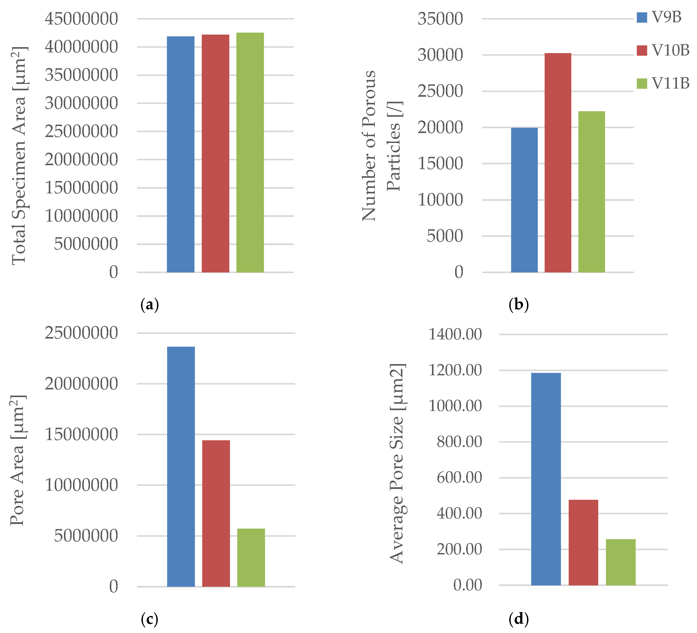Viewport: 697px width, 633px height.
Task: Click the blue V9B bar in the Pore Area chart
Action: click(x=181, y=466)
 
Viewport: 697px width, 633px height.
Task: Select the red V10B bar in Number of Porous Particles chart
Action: click(x=558, y=163)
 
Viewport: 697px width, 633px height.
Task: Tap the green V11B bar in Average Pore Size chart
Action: click(x=620, y=562)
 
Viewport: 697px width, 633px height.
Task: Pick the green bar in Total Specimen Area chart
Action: click(x=250, y=152)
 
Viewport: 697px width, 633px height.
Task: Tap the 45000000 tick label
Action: click(x=81, y=19)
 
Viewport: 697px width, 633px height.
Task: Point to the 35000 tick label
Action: click(x=440, y=19)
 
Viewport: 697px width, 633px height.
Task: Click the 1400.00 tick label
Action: click(x=455, y=334)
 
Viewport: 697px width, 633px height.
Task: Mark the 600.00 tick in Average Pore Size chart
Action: click(x=459, y=478)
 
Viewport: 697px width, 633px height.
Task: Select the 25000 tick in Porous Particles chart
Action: click(x=440, y=91)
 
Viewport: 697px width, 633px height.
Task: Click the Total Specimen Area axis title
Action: click(x=19, y=155)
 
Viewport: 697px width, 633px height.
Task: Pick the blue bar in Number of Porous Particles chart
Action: click(x=524, y=200)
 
